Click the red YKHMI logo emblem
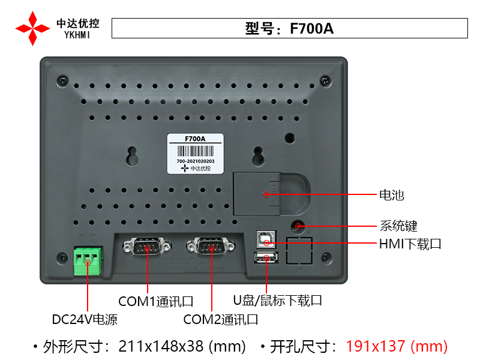[32, 28]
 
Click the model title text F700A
[290, 28]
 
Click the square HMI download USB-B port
[266, 239]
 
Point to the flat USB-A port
[266, 258]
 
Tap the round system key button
[298, 226]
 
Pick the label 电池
[392, 195]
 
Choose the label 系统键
[398, 226]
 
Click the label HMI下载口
[410, 244]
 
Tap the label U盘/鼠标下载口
[278, 300]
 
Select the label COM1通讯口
[155, 301]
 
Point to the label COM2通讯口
[221, 319]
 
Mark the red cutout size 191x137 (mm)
[397, 346]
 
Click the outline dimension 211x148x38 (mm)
[182, 346]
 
